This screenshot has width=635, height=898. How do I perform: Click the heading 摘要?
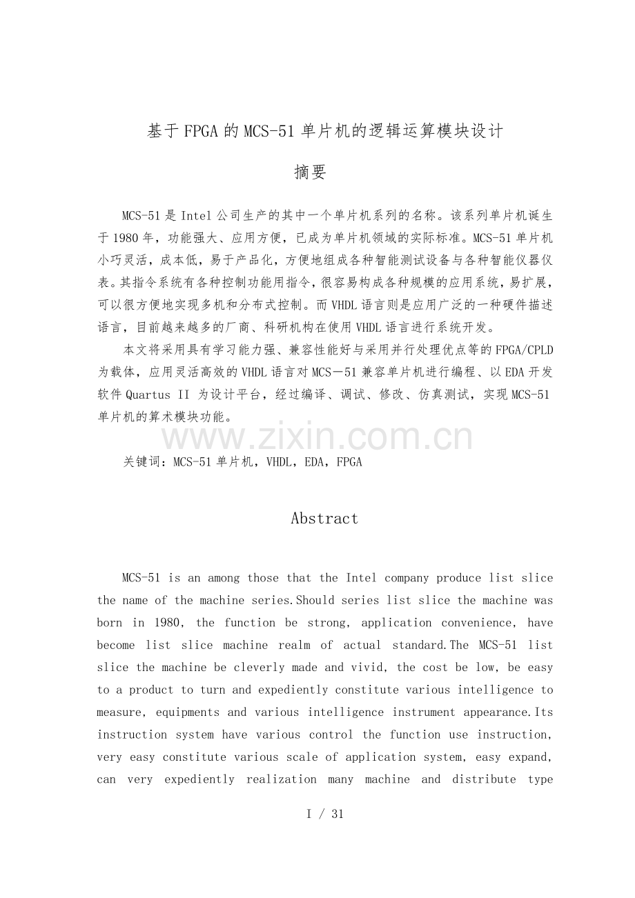point(310,172)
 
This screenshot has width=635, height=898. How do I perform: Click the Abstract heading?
point(324,519)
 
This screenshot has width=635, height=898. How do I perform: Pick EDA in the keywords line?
point(312,462)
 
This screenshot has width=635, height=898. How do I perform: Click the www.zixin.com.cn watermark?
point(317,437)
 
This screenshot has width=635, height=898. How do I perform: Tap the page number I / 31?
point(324,814)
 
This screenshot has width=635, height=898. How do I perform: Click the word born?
point(109,623)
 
